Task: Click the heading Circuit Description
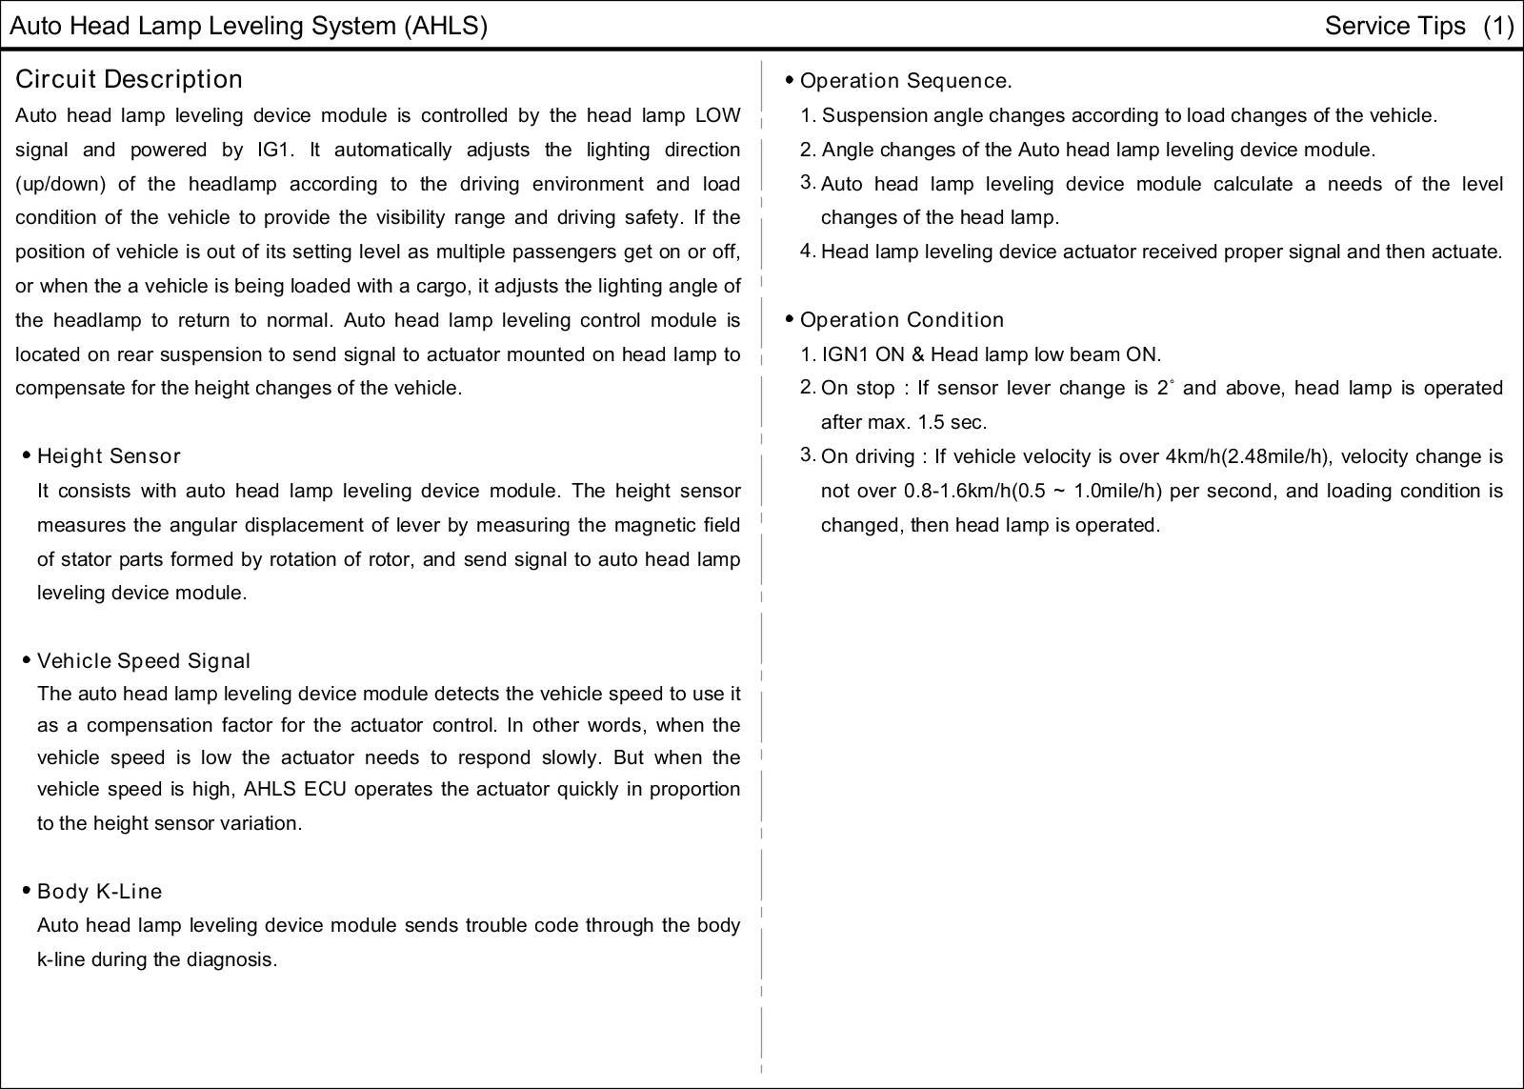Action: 129,79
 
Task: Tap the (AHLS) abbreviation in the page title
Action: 445,26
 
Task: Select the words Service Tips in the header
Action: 1394,26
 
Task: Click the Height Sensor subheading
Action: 109,456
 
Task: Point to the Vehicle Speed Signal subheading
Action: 143,661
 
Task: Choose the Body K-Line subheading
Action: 99,892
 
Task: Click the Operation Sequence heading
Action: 905,81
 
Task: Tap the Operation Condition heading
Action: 901,320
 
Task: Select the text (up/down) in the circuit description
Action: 60,184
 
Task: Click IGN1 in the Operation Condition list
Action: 846,354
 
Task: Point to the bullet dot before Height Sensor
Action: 26,455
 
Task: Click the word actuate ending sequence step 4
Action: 1468,252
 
